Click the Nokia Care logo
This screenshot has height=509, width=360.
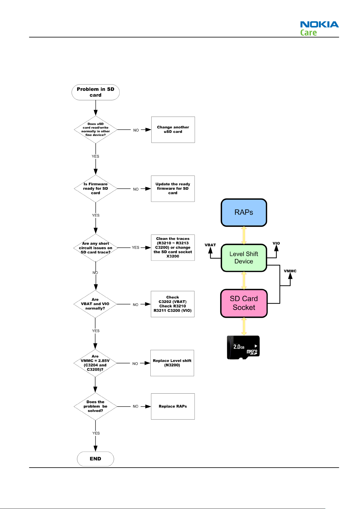click(x=319, y=28)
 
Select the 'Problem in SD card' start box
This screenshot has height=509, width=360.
click(x=95, y=92)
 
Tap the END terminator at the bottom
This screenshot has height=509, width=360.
click(x=95, y=459)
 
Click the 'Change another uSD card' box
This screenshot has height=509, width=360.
click(x=173, y=130)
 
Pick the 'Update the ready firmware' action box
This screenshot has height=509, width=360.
click(x=173, y=188)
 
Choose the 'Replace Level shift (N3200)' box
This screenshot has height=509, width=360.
click(x=172, y=363)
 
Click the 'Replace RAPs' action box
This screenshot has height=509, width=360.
click(x=173, y=406)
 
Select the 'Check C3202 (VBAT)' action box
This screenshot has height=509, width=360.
click(x=172, y=304)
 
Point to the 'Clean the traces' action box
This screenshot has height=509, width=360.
click(x=173, y=247)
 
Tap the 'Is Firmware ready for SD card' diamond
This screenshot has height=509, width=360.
click(x=95, y=188)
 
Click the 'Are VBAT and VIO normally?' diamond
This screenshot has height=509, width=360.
click(x=95, y=304)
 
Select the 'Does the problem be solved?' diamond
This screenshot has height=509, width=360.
click(x=95, y=406)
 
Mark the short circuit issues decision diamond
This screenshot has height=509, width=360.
click(x=95, y=248)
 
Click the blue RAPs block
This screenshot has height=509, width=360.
click(x=244, y=212)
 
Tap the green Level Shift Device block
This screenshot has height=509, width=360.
click(x=244, y=258)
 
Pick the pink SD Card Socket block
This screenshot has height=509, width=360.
click(x=244, y=303)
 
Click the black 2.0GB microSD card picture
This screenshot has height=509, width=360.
click(x=243, y=347)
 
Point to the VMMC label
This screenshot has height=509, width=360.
click(x=290, y=271)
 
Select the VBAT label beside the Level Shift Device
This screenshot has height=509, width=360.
click(x=210, y=245)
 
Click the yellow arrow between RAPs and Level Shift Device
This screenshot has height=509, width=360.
click(x=244, y=235)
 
